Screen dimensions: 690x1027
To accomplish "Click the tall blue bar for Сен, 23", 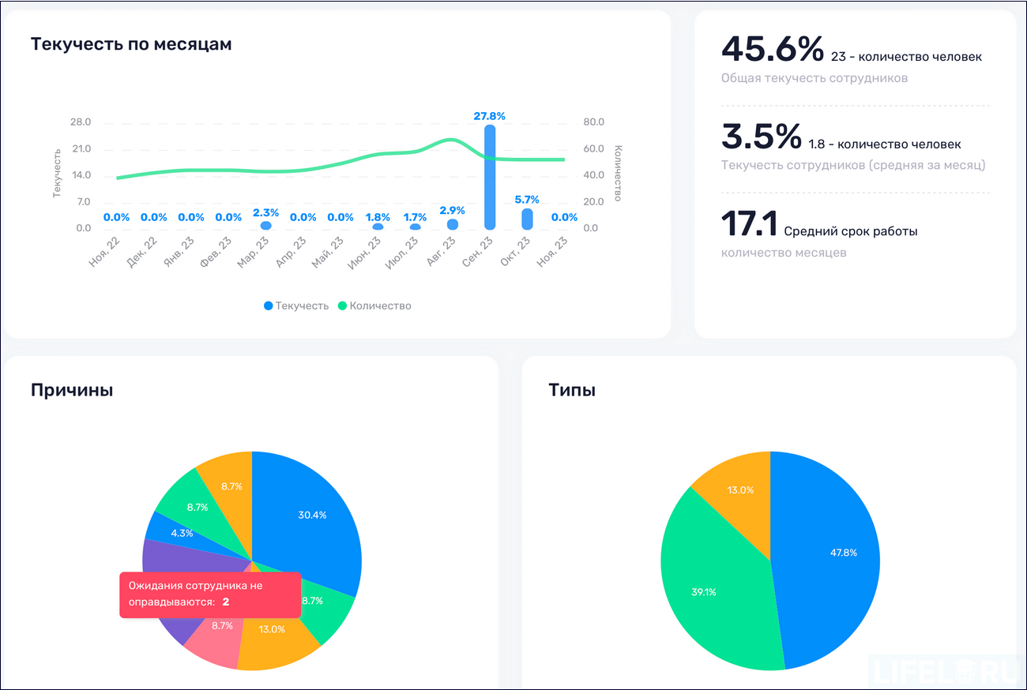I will pyautogui.click(x=490, y=178).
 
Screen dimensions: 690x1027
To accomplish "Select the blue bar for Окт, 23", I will pyautogui.click(x=527, y=219).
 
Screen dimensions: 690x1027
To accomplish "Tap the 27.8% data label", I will pyautogui.click(x=490, y=116).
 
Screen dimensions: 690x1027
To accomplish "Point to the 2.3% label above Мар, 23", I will pyautogui.click(x=265, y=212).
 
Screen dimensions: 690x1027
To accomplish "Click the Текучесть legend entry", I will pyautogui.click(x=296, y=306).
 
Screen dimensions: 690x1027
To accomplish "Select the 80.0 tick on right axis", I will pyautogui.click(x=594, y=122).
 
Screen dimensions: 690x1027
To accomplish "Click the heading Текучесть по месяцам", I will pyautogui.click(x=131, y=44).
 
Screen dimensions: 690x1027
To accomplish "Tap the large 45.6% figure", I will pyautogui.click(x=772, y=49).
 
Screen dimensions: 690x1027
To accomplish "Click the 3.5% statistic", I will pyautogui.click(x=761, y=137).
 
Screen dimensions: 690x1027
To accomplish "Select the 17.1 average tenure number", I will pyautogui.click(x=749, y=224).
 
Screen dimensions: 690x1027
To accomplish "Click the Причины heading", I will pyautogui.click(x=71, y=390).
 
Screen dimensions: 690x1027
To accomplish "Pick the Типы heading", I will pyautogui.click(x=572, y=390).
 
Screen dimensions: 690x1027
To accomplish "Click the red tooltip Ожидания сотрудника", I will pyautogui.click(x=209, y=594).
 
